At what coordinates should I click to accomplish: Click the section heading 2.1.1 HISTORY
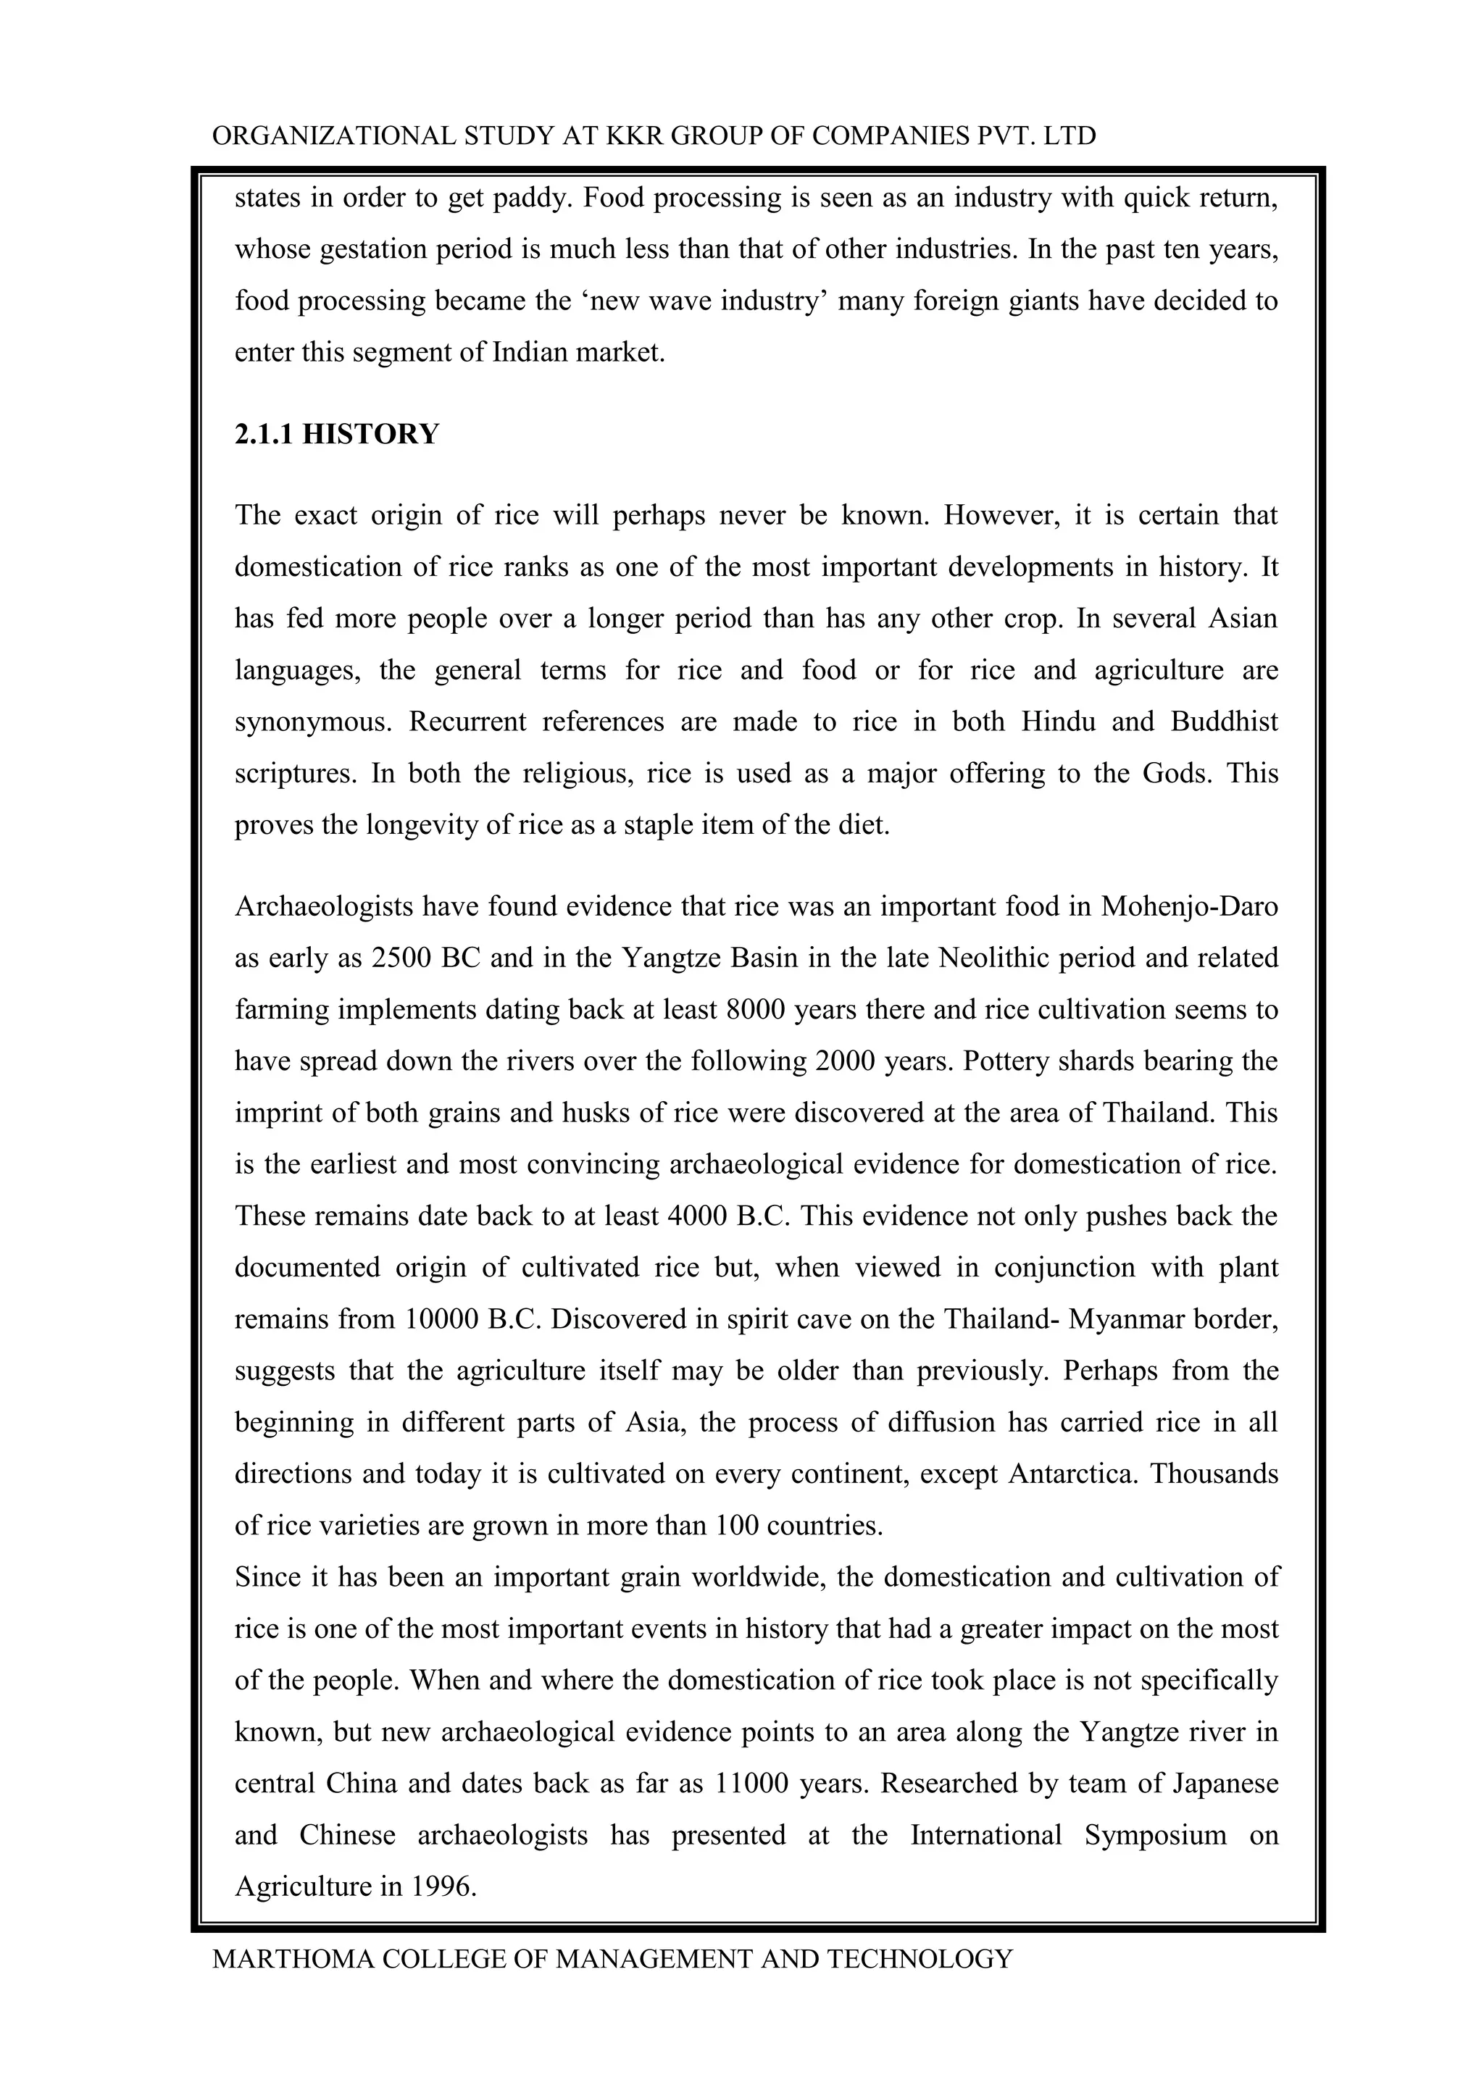[336, 434]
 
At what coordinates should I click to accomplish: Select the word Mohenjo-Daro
[1189, 906]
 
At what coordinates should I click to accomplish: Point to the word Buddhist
[1224, 722]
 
